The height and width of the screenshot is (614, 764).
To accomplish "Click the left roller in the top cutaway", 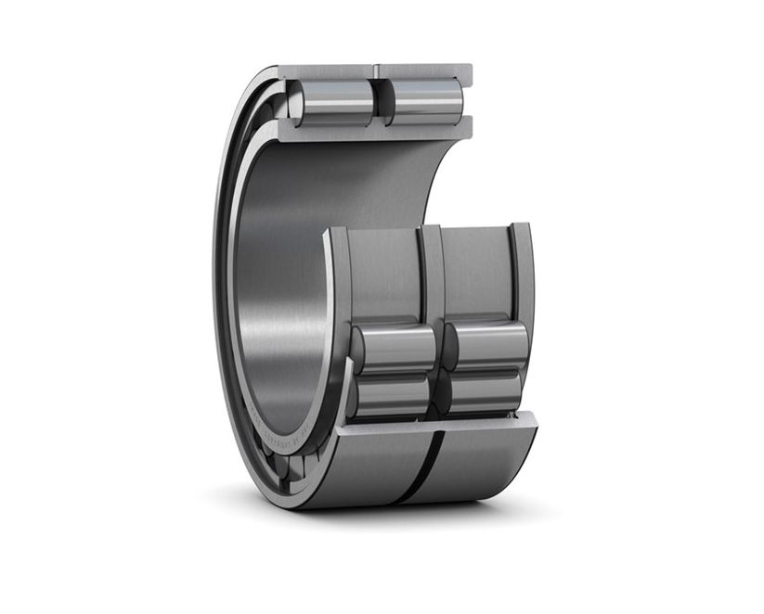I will [x=331, y=102].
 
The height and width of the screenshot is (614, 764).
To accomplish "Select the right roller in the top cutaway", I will [x=425, y=101].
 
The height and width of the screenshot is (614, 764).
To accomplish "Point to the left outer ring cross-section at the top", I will [x=326, y=71].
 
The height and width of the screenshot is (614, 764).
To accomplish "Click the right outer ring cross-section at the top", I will [x=424, y=70].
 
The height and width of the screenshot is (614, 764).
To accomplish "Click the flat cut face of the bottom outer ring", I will [x=436, y=424].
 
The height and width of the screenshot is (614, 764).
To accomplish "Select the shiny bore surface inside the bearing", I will [x=278, y=278].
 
